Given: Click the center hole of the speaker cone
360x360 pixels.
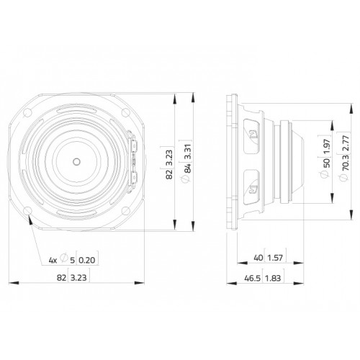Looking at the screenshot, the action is point(76,162).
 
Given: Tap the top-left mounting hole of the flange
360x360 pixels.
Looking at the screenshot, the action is point(27,112).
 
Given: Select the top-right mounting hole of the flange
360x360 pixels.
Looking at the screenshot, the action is point(125,112).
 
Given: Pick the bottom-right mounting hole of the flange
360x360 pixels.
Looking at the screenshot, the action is point(125,211).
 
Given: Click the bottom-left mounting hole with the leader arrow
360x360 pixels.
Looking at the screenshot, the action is point(27,211).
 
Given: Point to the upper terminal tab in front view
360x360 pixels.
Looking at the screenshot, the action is point(134,147).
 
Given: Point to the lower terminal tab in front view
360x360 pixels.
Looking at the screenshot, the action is point(134,178).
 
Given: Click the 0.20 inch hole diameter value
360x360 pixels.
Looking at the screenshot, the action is point(87,260).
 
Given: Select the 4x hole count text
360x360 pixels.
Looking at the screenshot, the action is point(53,260).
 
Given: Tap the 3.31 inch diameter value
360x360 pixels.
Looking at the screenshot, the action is point(188,152).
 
